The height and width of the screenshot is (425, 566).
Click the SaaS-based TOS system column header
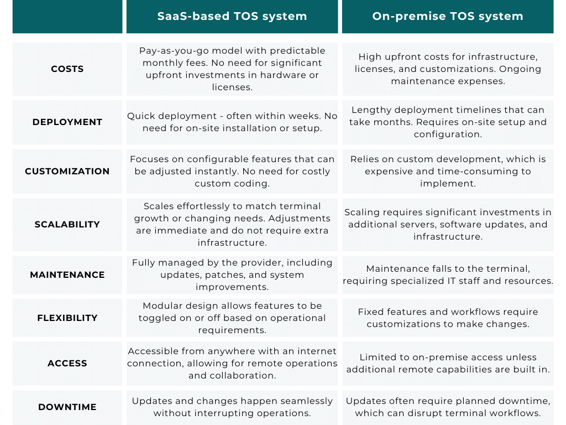232,16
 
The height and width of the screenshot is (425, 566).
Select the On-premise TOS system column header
448,16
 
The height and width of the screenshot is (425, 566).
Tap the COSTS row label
67,69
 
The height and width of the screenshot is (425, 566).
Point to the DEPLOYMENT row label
67,122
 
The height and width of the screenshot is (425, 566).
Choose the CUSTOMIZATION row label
67,171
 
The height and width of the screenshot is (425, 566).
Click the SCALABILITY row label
67,224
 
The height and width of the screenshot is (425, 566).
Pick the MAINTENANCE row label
67,274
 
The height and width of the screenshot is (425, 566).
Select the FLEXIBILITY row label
67,318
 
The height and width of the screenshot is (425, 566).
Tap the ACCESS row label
67,363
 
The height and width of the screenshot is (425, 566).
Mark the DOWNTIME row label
67,407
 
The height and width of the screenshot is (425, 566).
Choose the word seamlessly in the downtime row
306,401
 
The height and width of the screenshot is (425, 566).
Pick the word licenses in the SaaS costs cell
232,87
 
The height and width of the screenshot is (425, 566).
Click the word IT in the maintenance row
452,281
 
